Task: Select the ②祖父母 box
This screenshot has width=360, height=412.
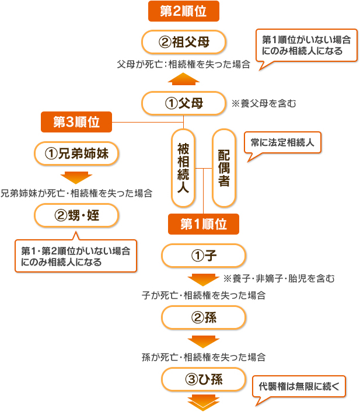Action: [184, 42]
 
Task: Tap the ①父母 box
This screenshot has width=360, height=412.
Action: [184, 104]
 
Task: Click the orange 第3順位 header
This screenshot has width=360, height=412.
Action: [76, 122]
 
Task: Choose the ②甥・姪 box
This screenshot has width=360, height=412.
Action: [77, 216]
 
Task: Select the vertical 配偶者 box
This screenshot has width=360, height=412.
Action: [223, 167]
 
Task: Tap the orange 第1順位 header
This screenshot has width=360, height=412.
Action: [203, 224]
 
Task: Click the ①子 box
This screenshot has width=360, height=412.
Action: [203, 256]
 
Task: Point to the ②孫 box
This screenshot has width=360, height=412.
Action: [203, 317]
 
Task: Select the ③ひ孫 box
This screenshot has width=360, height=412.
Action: [203, 380]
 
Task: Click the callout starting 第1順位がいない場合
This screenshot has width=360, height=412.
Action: [306, 46]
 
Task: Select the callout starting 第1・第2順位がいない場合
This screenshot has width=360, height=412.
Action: [75, 256]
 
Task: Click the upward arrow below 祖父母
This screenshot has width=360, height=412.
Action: [184, 79]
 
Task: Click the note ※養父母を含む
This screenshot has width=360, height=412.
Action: [264, 104]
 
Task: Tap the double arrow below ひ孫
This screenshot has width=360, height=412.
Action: [202, 403]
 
